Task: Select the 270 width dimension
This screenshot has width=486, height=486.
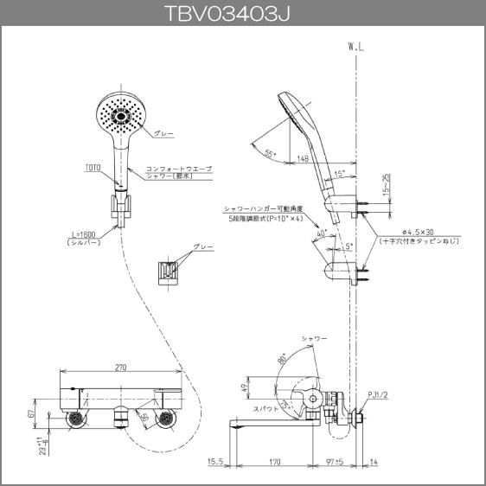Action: pyautogui.click(x=122, y=368)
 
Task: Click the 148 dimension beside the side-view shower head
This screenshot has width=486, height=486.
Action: pyautogui.click(x=302, y=158)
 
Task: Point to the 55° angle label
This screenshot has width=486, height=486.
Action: pyautogui.click(x=271, y=153)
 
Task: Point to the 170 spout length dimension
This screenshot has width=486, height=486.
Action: pyautogui.click(x=274, y=463)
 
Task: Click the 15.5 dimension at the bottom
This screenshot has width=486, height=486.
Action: pyautogui.click(x=215, y=463)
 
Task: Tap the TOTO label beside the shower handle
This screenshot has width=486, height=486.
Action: pyautogui.click(x=93, y=167)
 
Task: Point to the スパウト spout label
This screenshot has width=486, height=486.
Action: pyautogui.click(x=265, y=406)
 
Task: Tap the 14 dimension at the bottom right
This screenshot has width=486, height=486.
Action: pyautogui.click(x=373, y=463)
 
